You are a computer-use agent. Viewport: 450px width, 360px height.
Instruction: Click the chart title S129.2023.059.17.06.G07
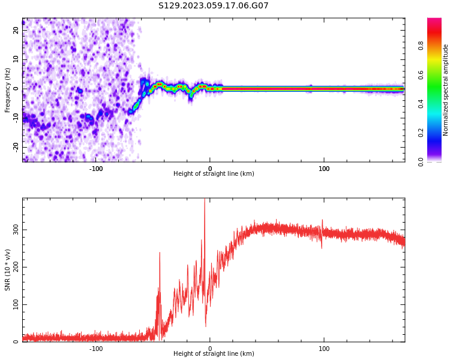coord(214,6)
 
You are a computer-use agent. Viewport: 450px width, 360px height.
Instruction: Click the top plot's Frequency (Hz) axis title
coord(8,90)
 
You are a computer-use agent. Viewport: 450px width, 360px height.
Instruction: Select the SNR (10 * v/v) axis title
coord(8,270)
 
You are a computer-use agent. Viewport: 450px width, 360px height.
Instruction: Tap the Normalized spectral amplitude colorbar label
coord(446,90)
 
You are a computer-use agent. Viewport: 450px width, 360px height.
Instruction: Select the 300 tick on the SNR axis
coord(13,230)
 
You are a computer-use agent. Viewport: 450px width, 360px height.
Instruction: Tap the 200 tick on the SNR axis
coord(13,267)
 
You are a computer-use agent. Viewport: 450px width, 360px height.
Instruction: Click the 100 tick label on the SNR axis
coord(13,305)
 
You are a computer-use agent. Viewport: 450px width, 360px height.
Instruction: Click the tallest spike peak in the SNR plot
coord(205,200)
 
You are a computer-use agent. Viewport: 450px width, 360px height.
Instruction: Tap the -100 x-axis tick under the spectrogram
coord(96,169)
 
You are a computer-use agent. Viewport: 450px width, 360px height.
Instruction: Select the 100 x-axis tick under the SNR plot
coord(324,349)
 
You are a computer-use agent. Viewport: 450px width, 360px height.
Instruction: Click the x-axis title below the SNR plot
coord(214,354)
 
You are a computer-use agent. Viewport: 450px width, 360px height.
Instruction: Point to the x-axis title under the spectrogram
coord(214,174)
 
